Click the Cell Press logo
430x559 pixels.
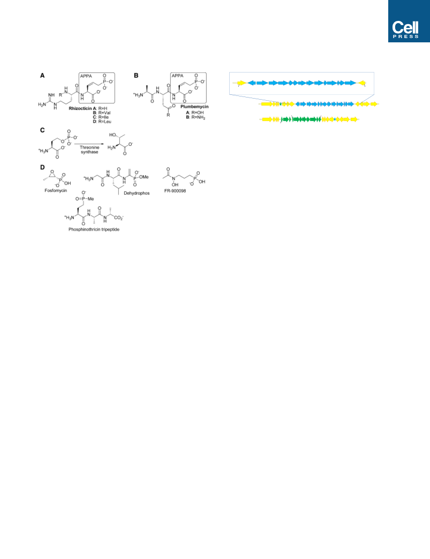click(x=409, y=21)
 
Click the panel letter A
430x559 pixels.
click(x=42, y=76)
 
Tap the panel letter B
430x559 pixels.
click(x=136, y=76)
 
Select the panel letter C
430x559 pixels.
click(x=42, y=130)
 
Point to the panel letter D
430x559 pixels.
click(x=42, y=167)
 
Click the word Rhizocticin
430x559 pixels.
click(x=80, y=108)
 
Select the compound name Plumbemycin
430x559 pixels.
click(x=194, y=107)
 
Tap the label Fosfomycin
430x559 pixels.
click(x=56, y=190)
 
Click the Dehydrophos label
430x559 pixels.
click(x=137, y=193)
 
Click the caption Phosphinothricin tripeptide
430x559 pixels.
click(x=94, y=229)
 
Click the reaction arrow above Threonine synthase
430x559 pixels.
click(x=89, y=144)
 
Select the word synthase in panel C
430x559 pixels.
click(x=89, y=152)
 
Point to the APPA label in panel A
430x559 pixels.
click(x=86, y=76)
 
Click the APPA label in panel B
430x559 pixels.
click(x=177, y=76)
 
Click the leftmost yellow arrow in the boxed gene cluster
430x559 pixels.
click(x=242, y=83)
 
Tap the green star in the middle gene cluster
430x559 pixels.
click(x=281, y=104)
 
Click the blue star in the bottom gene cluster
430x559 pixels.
click(x=335, y=119)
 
